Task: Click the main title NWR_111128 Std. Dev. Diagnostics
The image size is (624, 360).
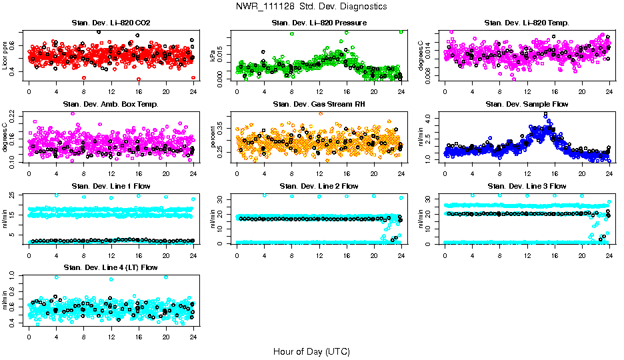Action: pyautogui.click(x=311, y=7)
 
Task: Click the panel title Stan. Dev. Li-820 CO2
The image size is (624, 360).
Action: pyautogui.click(x=111, y=23)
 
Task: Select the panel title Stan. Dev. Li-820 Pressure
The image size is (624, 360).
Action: pyautogui.click(x=319, y=23)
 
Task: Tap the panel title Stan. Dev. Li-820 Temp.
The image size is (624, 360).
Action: pyautogui.click(x=527, y=23)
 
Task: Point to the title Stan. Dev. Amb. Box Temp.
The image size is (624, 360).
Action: pyautogui.click(x=111, y=105)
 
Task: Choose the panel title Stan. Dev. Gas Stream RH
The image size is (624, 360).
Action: pyautogui.click(x=319, y=105)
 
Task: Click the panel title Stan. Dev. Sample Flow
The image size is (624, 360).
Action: pyautogui.click(x=527, y=105)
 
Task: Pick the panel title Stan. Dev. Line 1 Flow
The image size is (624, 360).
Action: pyautogui.click(x=111, y=186)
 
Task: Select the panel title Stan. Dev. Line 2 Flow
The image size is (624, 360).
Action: pyautogui.click(x=319, y=186)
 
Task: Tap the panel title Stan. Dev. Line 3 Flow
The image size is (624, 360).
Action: pyautogui.click(x=527, y=186)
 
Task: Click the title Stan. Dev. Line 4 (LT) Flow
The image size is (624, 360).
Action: pyautogui.click(x=111, y=267)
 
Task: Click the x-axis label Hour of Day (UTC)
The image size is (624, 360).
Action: pyautogui.click(x=311, y=351)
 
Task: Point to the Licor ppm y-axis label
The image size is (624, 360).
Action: pyautogui.click(x=6, y=55)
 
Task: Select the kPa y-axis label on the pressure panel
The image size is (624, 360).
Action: pyautogui.click(x=213, y=55)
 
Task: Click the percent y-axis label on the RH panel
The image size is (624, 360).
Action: pyautogui.click(x=213, y=137)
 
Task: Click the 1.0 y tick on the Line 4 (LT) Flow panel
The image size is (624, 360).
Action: pyautogui.click(x=15, y=275)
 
